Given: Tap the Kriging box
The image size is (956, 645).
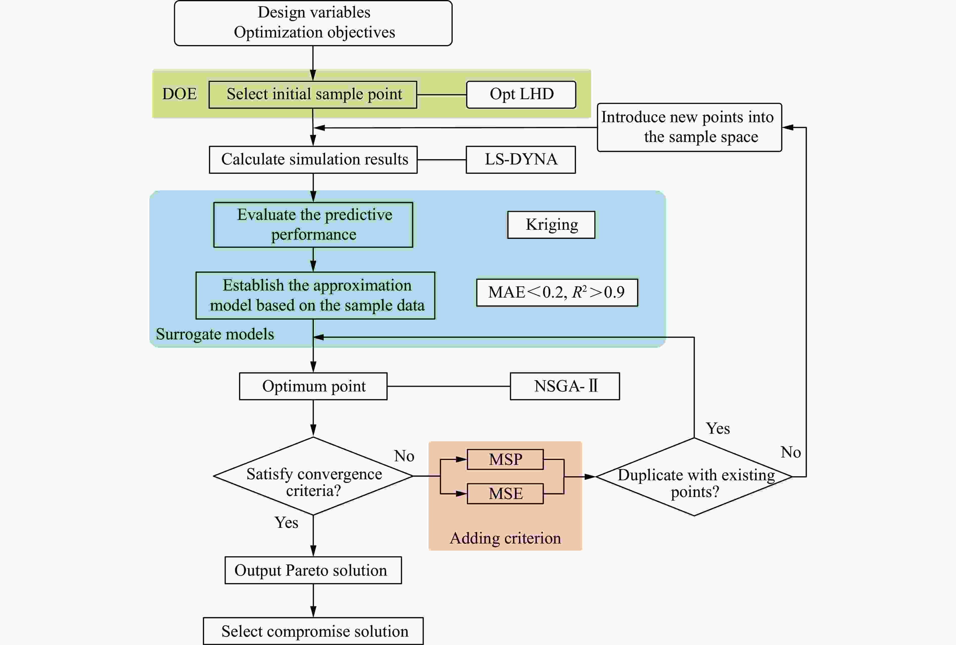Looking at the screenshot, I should click(551, 225).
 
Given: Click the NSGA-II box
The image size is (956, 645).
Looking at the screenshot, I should click(564, 386).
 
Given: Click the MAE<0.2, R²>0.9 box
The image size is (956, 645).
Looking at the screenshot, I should click(557, 292).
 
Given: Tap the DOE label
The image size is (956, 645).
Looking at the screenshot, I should click(179, 94).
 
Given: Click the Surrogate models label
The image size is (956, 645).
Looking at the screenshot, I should click(215, 334).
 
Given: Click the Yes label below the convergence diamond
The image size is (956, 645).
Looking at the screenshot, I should click(286, 523).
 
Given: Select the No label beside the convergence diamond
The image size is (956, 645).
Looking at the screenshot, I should click(404, 456).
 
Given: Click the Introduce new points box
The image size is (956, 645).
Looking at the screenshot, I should click(689, 127).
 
